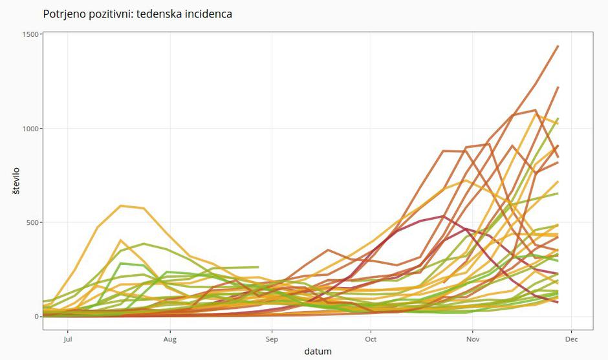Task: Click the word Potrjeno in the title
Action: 63,14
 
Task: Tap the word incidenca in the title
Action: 206,14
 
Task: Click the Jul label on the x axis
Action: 67,339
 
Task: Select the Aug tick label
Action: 169,339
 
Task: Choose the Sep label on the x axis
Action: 272,339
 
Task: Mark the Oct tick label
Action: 371,339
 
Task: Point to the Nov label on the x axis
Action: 473,339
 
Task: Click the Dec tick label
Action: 572,339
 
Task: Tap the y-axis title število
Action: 16,182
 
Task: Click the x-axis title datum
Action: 318,352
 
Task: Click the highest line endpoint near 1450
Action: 558,46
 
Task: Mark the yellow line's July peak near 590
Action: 121,206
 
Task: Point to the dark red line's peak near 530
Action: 443,216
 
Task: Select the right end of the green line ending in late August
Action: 258,267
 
